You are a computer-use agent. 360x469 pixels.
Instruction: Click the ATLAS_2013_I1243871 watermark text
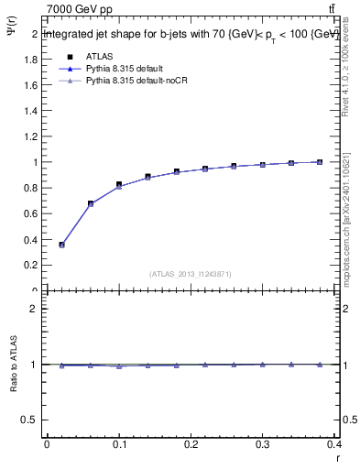191,274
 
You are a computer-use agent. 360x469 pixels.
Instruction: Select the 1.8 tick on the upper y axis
33,60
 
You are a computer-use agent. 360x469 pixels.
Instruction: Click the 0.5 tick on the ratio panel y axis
33,420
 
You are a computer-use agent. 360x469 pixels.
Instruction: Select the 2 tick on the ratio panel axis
36,309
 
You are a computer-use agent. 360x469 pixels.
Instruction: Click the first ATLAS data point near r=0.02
61,245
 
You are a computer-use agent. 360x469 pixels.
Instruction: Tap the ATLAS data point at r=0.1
119,185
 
